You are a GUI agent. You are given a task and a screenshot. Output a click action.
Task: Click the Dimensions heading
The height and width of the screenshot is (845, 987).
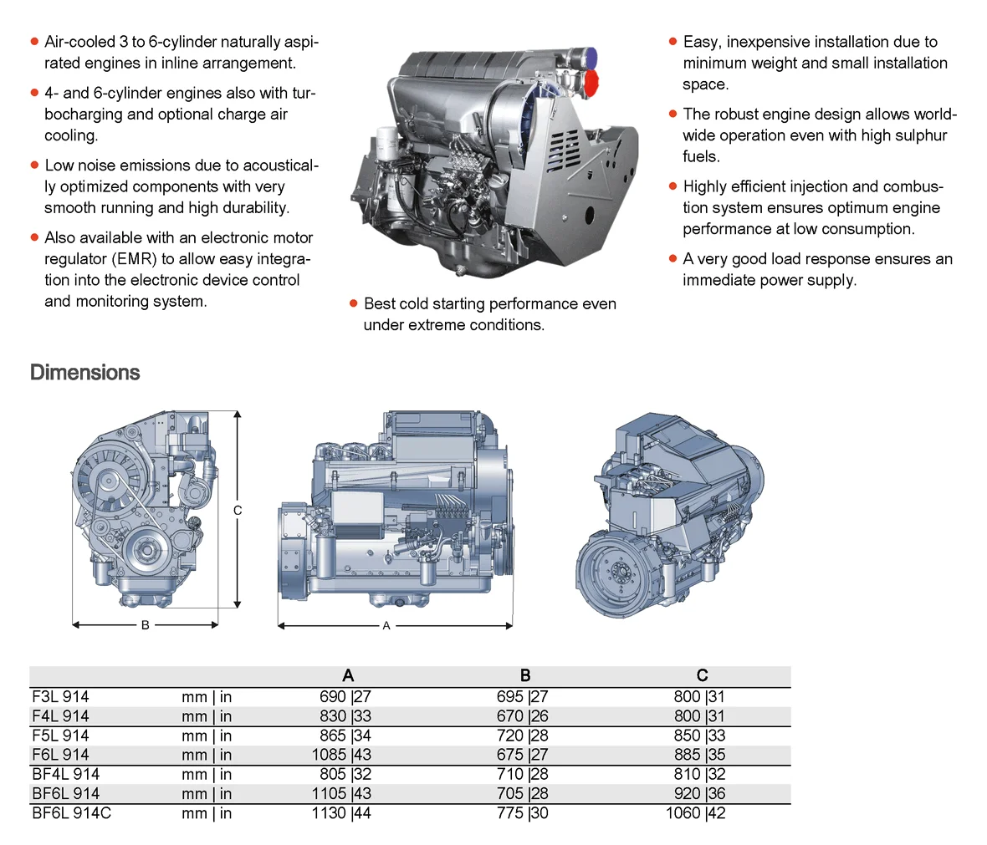click(84, 373)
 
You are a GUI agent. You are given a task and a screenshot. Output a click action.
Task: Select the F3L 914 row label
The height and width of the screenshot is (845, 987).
click(60, 696)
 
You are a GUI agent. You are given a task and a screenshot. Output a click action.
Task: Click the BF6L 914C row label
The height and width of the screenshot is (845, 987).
click(71, 812)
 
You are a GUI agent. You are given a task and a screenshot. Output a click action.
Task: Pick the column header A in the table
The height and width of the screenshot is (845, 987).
click(348, 675)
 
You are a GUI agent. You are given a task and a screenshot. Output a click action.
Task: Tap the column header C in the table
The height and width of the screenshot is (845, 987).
click(702, 675)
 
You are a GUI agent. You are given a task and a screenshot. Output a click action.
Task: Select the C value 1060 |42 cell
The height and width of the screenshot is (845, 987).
click(695, 812)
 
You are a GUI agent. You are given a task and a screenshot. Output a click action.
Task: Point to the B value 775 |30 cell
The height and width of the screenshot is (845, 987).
click(522, 812)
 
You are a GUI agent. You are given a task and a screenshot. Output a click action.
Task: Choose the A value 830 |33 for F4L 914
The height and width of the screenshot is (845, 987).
click(345, 715)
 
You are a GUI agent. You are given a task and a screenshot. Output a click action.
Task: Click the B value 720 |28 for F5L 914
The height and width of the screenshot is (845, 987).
click(522, 736)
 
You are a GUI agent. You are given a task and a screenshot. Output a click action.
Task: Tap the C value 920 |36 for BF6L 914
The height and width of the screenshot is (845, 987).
click(699, 793)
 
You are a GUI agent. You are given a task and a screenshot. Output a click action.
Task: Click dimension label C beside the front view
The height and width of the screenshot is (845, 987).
click(238, 510)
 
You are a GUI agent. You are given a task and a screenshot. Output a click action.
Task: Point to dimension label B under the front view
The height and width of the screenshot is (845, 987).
click(145, 624)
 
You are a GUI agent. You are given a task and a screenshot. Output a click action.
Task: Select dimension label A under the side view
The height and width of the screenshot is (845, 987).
click(386, 625)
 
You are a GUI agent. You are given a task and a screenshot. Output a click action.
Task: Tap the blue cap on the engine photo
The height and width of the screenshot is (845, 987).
click(589, 57)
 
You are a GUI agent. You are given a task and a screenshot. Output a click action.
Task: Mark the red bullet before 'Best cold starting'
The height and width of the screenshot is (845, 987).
click(354, 304)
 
